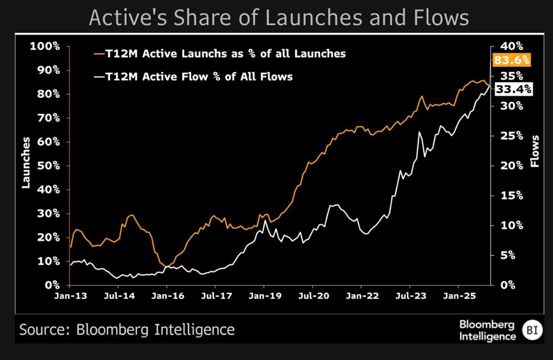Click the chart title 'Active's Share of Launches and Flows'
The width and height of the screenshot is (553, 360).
[279, 17]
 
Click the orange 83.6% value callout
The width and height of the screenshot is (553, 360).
[511, 60]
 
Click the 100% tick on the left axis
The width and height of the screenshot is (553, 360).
[45, 46]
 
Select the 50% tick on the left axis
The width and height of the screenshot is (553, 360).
[48, 166]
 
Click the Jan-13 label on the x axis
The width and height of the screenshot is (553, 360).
[69, 296]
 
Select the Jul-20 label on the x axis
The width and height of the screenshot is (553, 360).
[312, 296]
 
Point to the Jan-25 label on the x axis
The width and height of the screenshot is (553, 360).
[458, 296]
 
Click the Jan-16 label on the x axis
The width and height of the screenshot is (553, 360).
[167, 296]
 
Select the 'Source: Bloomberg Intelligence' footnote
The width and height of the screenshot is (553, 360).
[127, 329]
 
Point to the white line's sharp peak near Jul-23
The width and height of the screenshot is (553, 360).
[420, 132]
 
